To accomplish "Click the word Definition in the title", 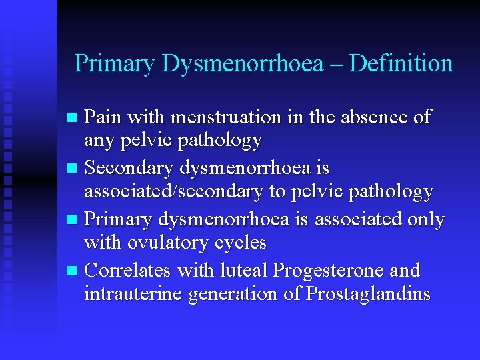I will point(401,64).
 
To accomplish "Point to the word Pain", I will point(104,117).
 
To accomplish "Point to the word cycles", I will point(241,243).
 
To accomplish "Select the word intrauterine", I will point(133,294).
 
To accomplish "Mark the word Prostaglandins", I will point(368,294).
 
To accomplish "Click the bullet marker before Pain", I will point(74,118).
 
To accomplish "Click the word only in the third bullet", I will point(423,219).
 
